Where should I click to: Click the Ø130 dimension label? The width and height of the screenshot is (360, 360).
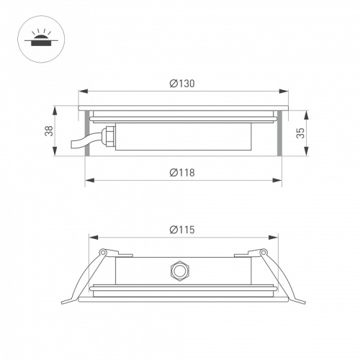point(183,84)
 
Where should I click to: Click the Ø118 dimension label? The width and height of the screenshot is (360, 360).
point(183,172)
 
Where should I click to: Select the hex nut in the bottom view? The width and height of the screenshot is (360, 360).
point(177,271)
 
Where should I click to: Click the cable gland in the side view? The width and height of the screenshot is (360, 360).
point(108,135)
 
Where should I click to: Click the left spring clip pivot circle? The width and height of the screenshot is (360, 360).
point(103,252)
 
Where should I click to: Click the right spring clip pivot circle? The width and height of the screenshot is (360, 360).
point(264,252)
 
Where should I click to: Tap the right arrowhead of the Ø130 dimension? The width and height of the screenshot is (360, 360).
point(285,91)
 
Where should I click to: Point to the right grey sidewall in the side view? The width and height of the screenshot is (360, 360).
point(278,133)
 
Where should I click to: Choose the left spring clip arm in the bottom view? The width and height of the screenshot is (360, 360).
point(84,277)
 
